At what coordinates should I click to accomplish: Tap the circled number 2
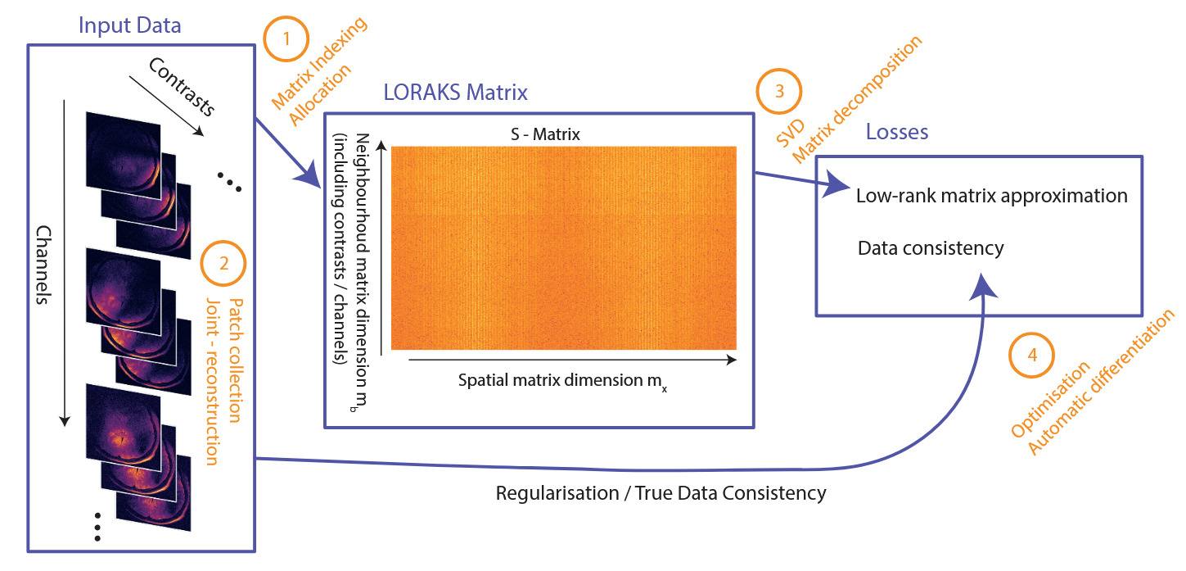pyautogui.click(x=222, y=264)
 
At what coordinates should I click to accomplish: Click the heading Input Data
pyautogui.click(x=129, y=25)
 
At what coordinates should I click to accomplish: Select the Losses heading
pyautogui.click(x=897, y=131)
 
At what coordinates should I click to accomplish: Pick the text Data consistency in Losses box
pyautogui.click(x=931, y=247)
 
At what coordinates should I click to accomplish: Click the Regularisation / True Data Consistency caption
pyautogui.click(x=661, y=493)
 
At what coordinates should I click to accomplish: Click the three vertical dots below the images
pyautogui.click(x=97, y=526)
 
